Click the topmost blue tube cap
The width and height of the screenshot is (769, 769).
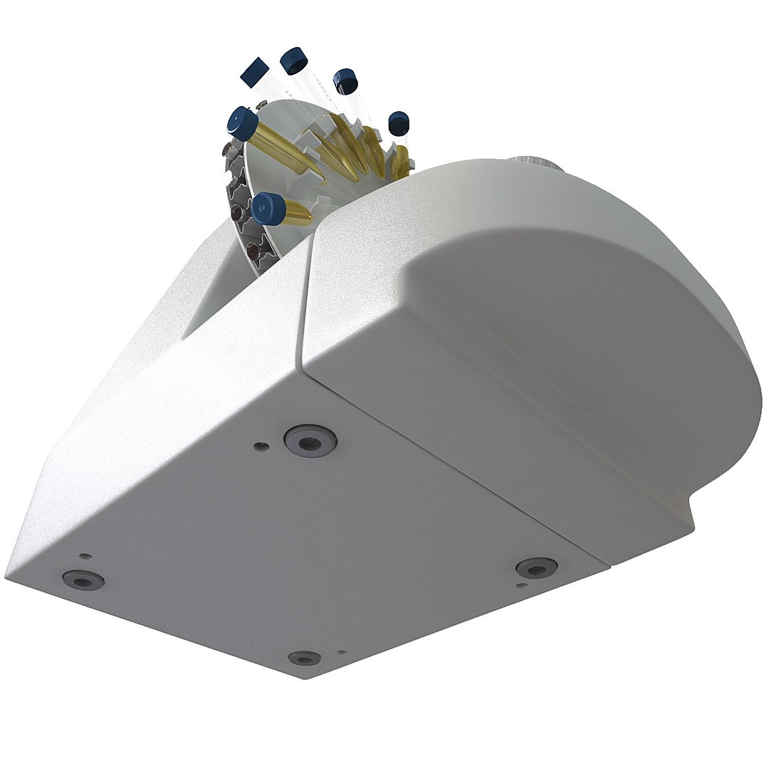coord(293,61)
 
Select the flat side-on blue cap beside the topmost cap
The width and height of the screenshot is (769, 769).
coord(254,73)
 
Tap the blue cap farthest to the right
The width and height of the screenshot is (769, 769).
coord(399,123)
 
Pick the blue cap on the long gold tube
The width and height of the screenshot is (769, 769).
coord(243,122)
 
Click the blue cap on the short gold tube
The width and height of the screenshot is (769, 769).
coord(268,209)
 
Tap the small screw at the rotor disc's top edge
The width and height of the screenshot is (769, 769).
coord(261,106)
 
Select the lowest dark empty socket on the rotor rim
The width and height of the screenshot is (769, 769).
coord(251,251)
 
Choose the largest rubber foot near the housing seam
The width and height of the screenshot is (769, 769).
coord(310,441)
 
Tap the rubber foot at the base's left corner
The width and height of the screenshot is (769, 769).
coord(83,580)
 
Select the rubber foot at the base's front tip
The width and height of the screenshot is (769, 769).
coord(305,657)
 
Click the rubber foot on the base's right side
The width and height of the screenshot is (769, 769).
coord(537,567)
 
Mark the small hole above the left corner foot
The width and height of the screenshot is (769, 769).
coord(85,555)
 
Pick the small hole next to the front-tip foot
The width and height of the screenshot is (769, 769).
coord(342,652)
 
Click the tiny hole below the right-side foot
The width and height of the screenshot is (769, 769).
coord(522,586)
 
